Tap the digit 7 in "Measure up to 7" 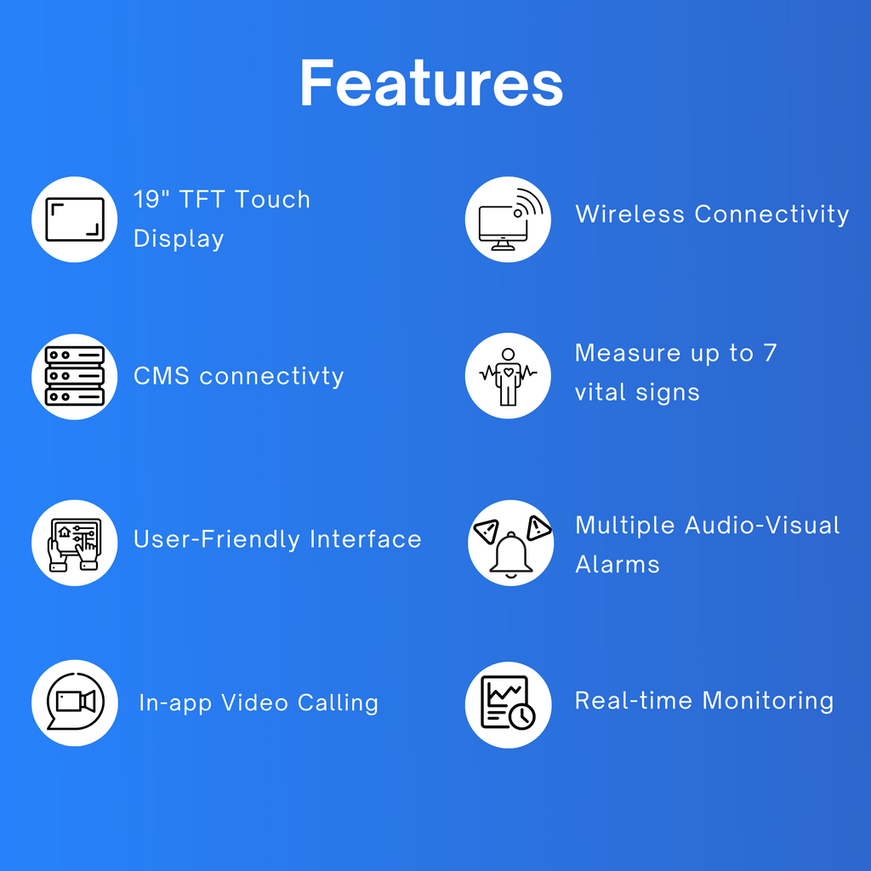point(770,353)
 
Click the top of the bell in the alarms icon point(511,534)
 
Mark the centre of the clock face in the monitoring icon point(521,715)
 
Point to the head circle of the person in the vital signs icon point(508,355)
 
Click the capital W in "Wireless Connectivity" point(587,213)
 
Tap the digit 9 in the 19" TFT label point(152,199)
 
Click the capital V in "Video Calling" point(231,703)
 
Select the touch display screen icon point(75,219)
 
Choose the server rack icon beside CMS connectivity point(75,376)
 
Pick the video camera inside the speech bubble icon point(76,702)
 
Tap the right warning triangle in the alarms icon point(538,527)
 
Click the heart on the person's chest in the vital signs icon point(508,373)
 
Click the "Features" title point(431,83)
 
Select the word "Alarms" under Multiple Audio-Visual point(618,565)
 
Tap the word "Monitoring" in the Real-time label point(768,702)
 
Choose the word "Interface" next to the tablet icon point(366,538)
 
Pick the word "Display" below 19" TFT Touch point(179,239)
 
